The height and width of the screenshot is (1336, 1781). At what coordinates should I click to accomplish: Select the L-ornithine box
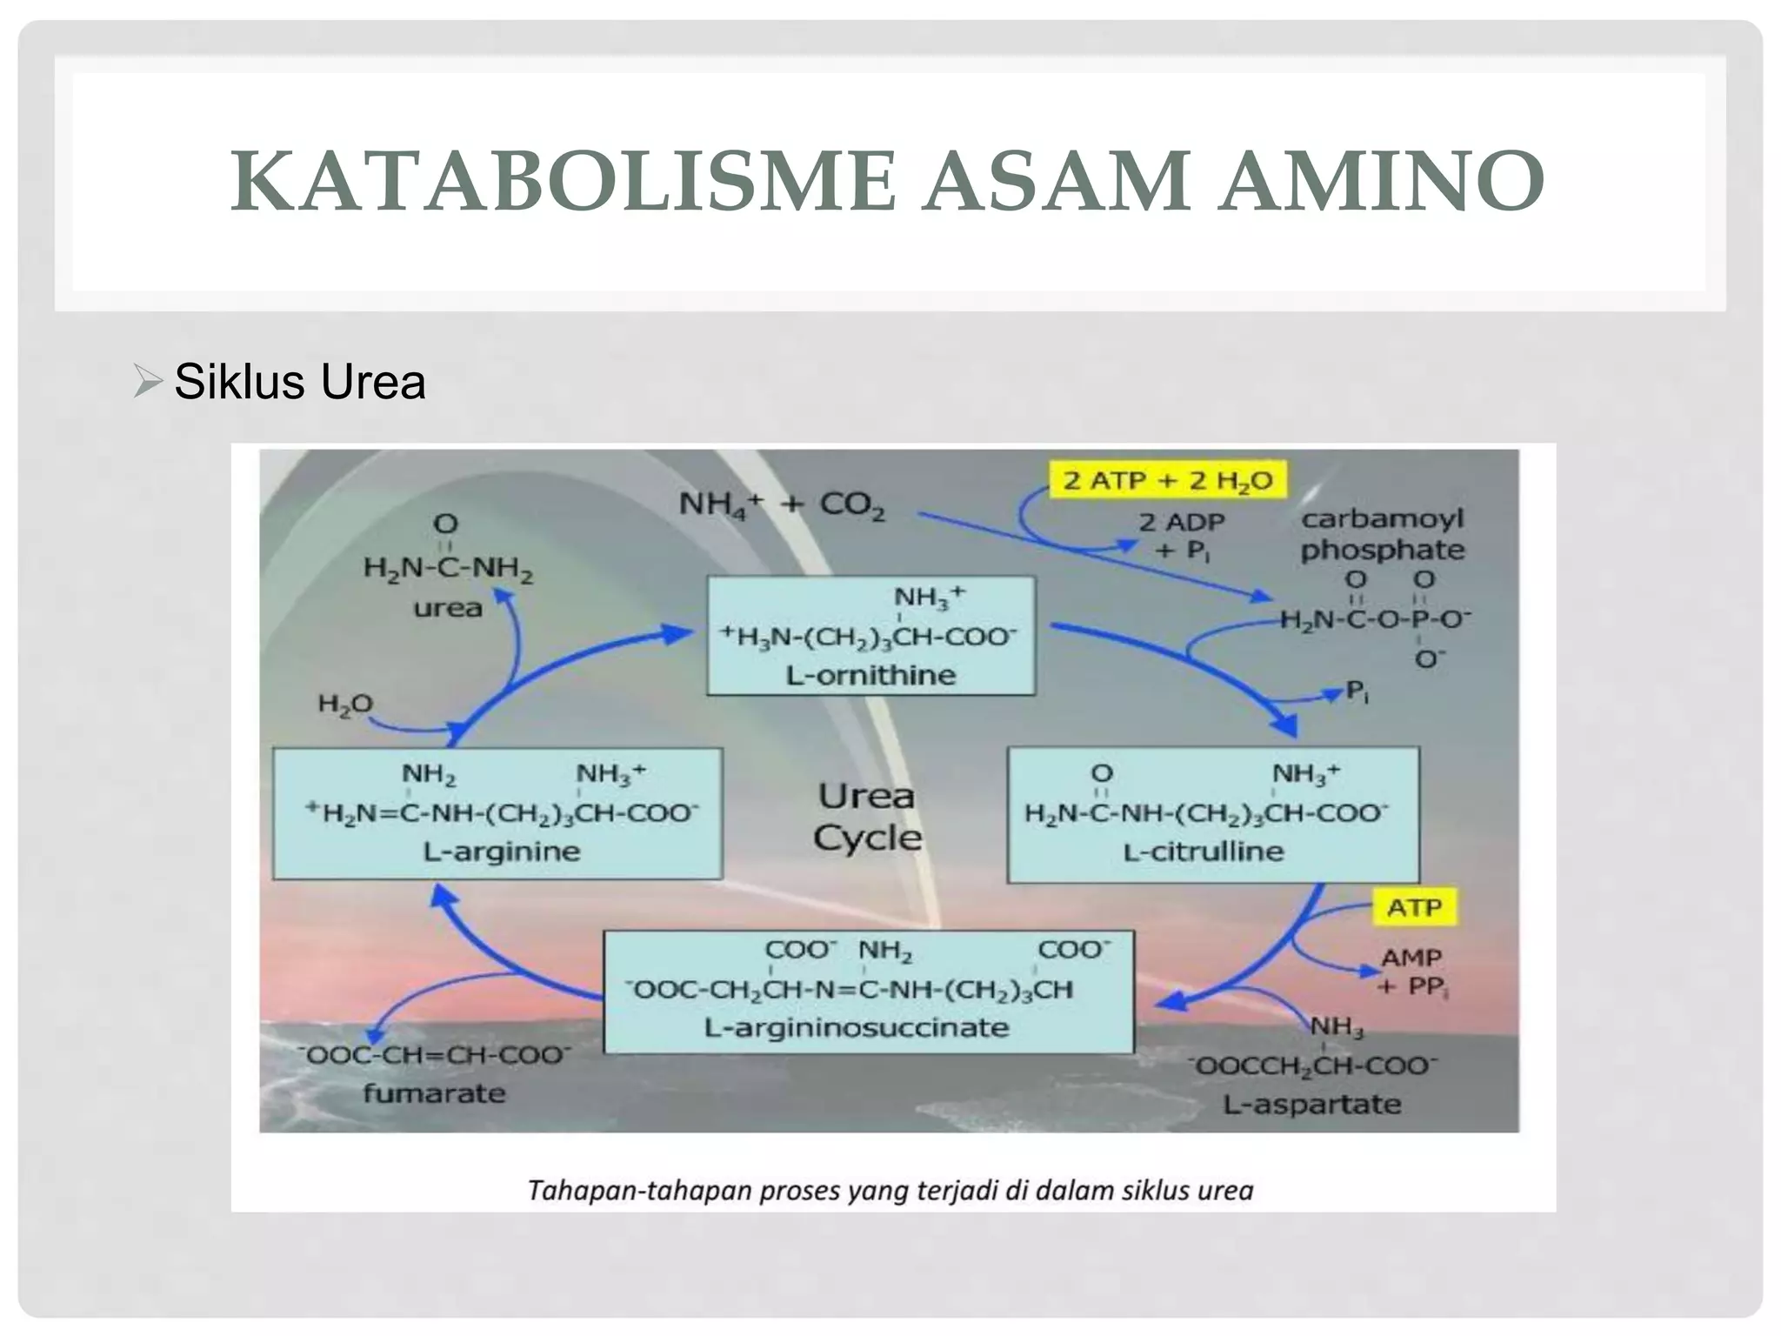tap(870, 635)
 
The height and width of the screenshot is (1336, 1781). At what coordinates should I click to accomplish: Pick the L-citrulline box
tap(1212, 814)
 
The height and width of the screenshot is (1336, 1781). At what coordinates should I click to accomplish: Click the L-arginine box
tap(497, 814)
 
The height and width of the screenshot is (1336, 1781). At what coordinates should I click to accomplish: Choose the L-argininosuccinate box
tap(868, 992)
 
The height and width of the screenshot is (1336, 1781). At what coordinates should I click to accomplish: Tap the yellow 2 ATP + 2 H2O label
tap(1168, 480)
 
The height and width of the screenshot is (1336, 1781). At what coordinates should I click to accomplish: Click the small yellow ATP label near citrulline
tap(1414, 907)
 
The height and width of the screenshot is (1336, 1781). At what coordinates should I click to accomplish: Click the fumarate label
tap(434, 1092)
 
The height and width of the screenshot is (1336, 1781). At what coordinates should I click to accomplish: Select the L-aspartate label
tap(1311, 1104)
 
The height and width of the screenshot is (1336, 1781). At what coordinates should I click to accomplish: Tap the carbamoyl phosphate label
tap(1382, 534)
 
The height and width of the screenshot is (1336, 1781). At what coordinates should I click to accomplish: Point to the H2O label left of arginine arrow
tap(344, 703)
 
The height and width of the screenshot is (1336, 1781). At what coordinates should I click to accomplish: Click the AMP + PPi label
tap(1412, 972)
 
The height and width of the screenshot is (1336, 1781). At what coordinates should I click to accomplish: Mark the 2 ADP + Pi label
tap(1182, 536)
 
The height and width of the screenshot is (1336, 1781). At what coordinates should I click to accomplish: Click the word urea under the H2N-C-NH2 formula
tap(447, 607)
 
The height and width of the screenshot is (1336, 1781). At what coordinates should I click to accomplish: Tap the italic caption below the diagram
tap(890, 1190)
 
